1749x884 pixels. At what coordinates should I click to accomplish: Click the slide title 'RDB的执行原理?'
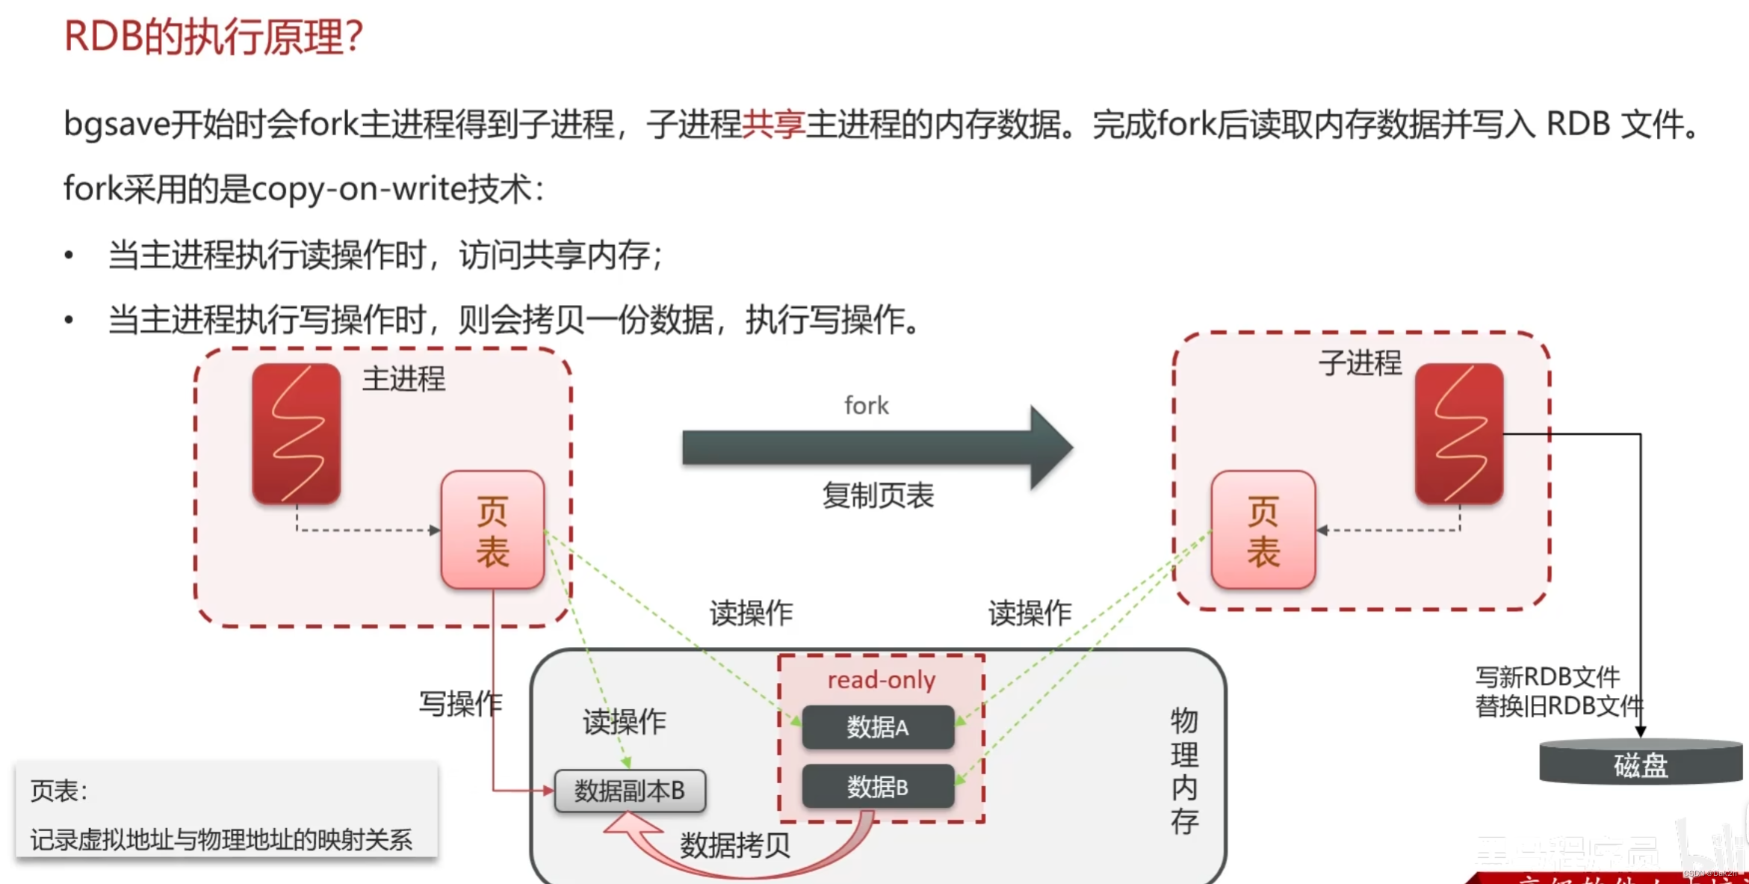pos(213,37)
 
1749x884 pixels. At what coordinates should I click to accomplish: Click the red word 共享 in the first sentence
pos(773,124)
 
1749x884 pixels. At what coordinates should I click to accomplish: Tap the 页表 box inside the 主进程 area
pos(492,530)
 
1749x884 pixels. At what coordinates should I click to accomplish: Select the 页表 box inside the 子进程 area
pos(1263,530)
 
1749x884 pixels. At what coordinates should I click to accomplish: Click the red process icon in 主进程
pos(297,433)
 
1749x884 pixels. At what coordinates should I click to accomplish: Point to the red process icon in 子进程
pos(1459,433)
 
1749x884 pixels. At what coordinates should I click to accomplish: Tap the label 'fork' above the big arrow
pos(867,406)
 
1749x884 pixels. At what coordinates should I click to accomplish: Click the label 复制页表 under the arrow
pos(878,495)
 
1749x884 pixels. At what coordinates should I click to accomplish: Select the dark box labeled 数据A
pos(878,727)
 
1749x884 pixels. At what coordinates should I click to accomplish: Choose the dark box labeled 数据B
pos(878,786)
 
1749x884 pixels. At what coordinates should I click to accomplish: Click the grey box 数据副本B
pos(630,791)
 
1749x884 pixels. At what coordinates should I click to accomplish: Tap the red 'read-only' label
pos(881,680)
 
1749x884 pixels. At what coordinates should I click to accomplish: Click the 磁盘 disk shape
pos(1641,764)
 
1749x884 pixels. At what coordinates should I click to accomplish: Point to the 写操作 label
pos(460,703)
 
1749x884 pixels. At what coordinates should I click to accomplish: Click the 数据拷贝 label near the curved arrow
pos(735,845)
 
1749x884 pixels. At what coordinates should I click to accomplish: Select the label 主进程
pos(403,379)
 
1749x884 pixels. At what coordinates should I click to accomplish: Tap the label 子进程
pos(1360,363)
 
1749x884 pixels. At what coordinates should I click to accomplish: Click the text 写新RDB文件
pos(1547,677)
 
